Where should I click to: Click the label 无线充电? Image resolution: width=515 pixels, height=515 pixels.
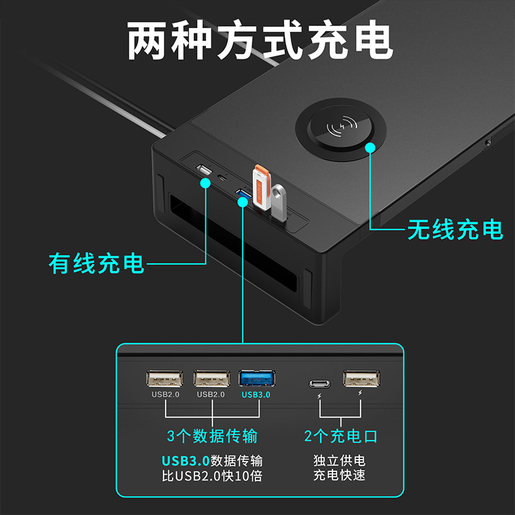pyautogui.click(x=455, y=229)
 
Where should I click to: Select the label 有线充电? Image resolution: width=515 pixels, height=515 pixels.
pyautogui.click(x=96, y=263)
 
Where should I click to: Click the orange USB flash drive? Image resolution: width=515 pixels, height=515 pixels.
pyautogui.click(x=261, y=186)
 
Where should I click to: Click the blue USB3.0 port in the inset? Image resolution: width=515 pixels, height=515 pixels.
pyautogui.click(x=257, y=379)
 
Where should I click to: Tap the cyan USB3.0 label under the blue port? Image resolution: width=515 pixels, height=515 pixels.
pyautogui.click(x=256, y=394)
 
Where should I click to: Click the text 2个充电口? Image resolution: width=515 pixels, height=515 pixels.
pyautogui.click(x=341, y=435)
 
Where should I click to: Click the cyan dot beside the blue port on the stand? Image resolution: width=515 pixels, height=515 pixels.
pyautogui.click(x=243, y=202)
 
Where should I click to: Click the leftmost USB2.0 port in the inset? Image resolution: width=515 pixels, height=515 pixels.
pyautogui.click(x=165, y=379)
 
